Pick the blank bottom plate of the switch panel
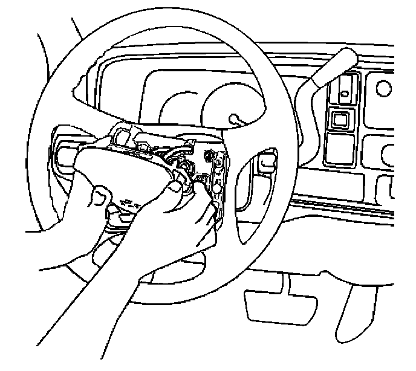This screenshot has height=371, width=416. (x=342, y=148)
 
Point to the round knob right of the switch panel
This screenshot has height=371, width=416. (x=383, y=88)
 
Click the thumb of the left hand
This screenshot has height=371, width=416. (x=102, y=196)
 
